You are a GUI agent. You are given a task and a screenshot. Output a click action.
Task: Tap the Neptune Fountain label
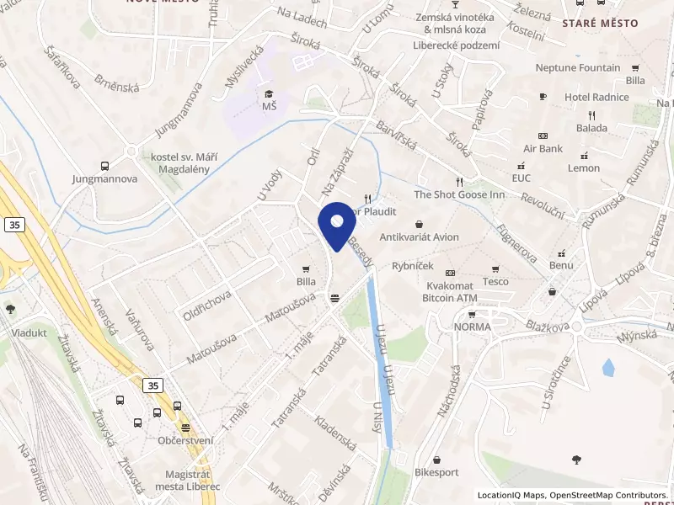(578, 68)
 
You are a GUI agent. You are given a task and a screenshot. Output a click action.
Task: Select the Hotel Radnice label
(596, 97)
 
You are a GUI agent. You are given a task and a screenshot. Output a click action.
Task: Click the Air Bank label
(543, 148)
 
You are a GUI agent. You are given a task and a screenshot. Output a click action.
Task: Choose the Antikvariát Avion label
(420, 237)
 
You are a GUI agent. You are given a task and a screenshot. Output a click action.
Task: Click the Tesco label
(495, 281)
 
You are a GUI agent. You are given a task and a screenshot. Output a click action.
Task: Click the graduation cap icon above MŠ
(269, 93)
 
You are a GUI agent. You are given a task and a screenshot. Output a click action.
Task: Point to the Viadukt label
(29, 332)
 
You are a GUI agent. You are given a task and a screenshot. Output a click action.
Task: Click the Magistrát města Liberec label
(188, 481)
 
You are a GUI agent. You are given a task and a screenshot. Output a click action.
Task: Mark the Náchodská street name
(447, 391)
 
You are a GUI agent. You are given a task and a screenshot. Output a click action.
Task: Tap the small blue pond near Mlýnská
(608, 368)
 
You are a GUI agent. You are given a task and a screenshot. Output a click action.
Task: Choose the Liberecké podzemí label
(456, 45)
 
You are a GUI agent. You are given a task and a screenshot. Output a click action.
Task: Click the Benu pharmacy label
(561, 265)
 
